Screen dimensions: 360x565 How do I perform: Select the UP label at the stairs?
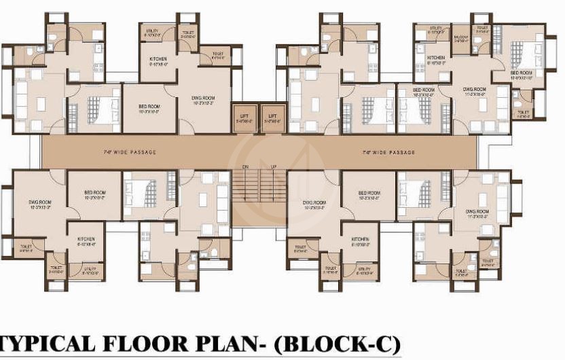273,166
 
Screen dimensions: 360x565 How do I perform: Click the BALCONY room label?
461,39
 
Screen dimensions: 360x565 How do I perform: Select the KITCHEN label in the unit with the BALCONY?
436,58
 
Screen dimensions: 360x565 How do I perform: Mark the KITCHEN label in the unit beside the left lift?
158,59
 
